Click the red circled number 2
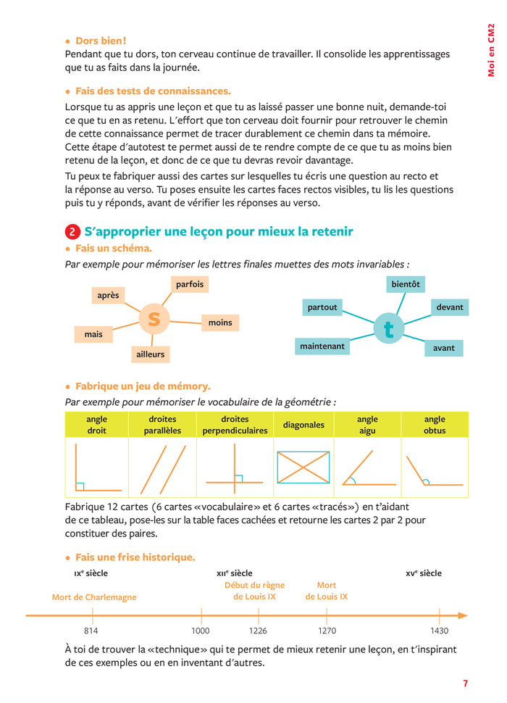[72, 232]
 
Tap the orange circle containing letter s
[154, 318]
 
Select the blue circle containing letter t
[388, 329]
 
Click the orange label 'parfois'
[190, 284]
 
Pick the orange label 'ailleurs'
[150, 354]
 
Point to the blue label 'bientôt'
[406, 284]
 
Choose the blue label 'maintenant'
[322, 346]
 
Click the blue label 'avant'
[443, 348]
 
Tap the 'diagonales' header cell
[303, 425]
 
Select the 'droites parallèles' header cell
[162, 425]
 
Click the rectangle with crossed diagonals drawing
[303, 467]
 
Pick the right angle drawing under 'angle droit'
[96, 468]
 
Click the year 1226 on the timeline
[259, 631]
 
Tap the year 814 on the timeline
[93, 631]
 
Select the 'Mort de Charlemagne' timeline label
[94, 597]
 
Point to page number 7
[465, 683]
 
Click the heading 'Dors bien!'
[101, 41]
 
